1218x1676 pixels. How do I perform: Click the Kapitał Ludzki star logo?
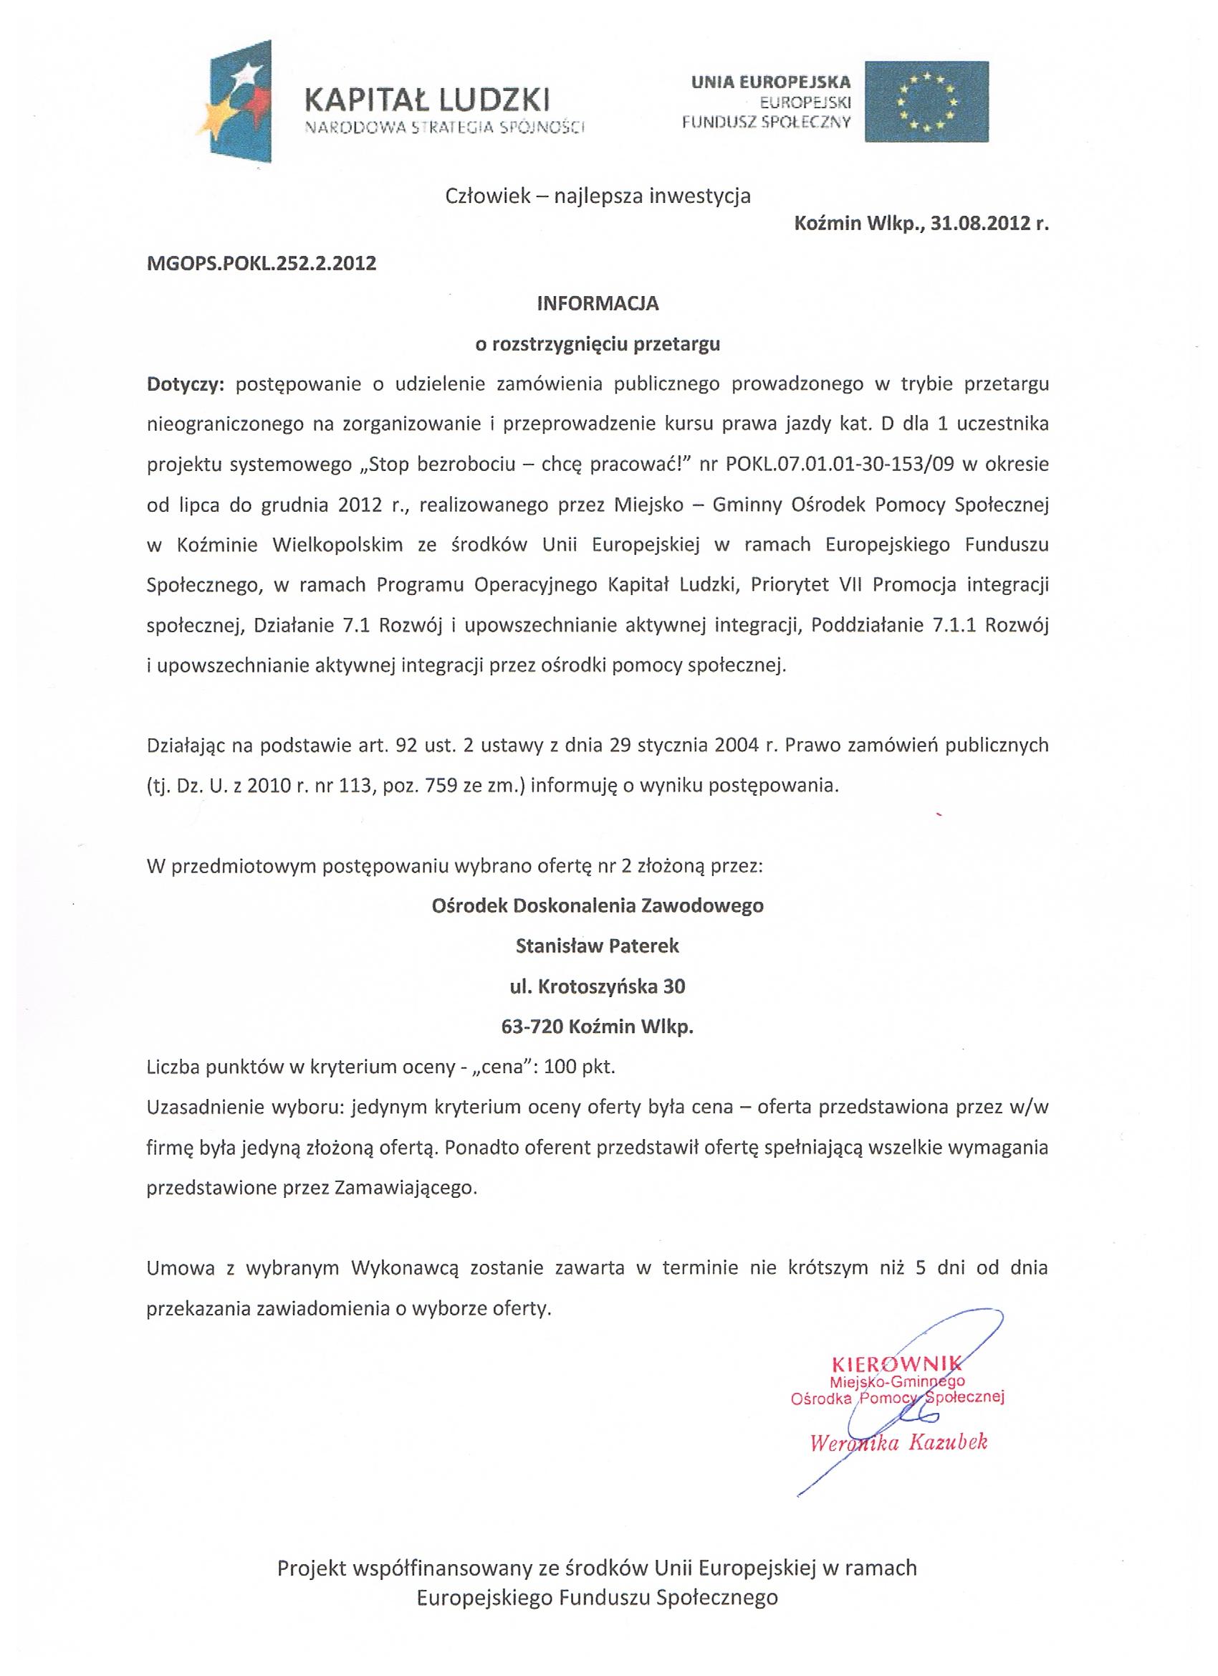click(x=241, y=102)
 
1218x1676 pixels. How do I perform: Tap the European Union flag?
click(x=926, y=101)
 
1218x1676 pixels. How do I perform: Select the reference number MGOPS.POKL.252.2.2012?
click(x=262, y=264)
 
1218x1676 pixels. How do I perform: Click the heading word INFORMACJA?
click(x=598, y=304)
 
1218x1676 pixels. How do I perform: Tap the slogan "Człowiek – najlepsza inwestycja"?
click(x=598, y=196)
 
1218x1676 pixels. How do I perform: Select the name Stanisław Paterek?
click(x=598, y=945)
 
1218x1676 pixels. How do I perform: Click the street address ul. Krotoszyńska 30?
click(x=598, y=986)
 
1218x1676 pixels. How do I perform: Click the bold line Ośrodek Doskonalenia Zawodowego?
click(x=598, y=905)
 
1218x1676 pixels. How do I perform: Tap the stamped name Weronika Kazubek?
click(x=899, y=1442)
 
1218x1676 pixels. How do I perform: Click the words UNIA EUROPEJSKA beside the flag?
click(x=770, y=82)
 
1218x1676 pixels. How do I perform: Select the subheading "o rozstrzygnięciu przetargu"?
click(x=598, y=344)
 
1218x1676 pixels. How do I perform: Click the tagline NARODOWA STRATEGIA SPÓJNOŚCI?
click(x=445, y=128)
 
